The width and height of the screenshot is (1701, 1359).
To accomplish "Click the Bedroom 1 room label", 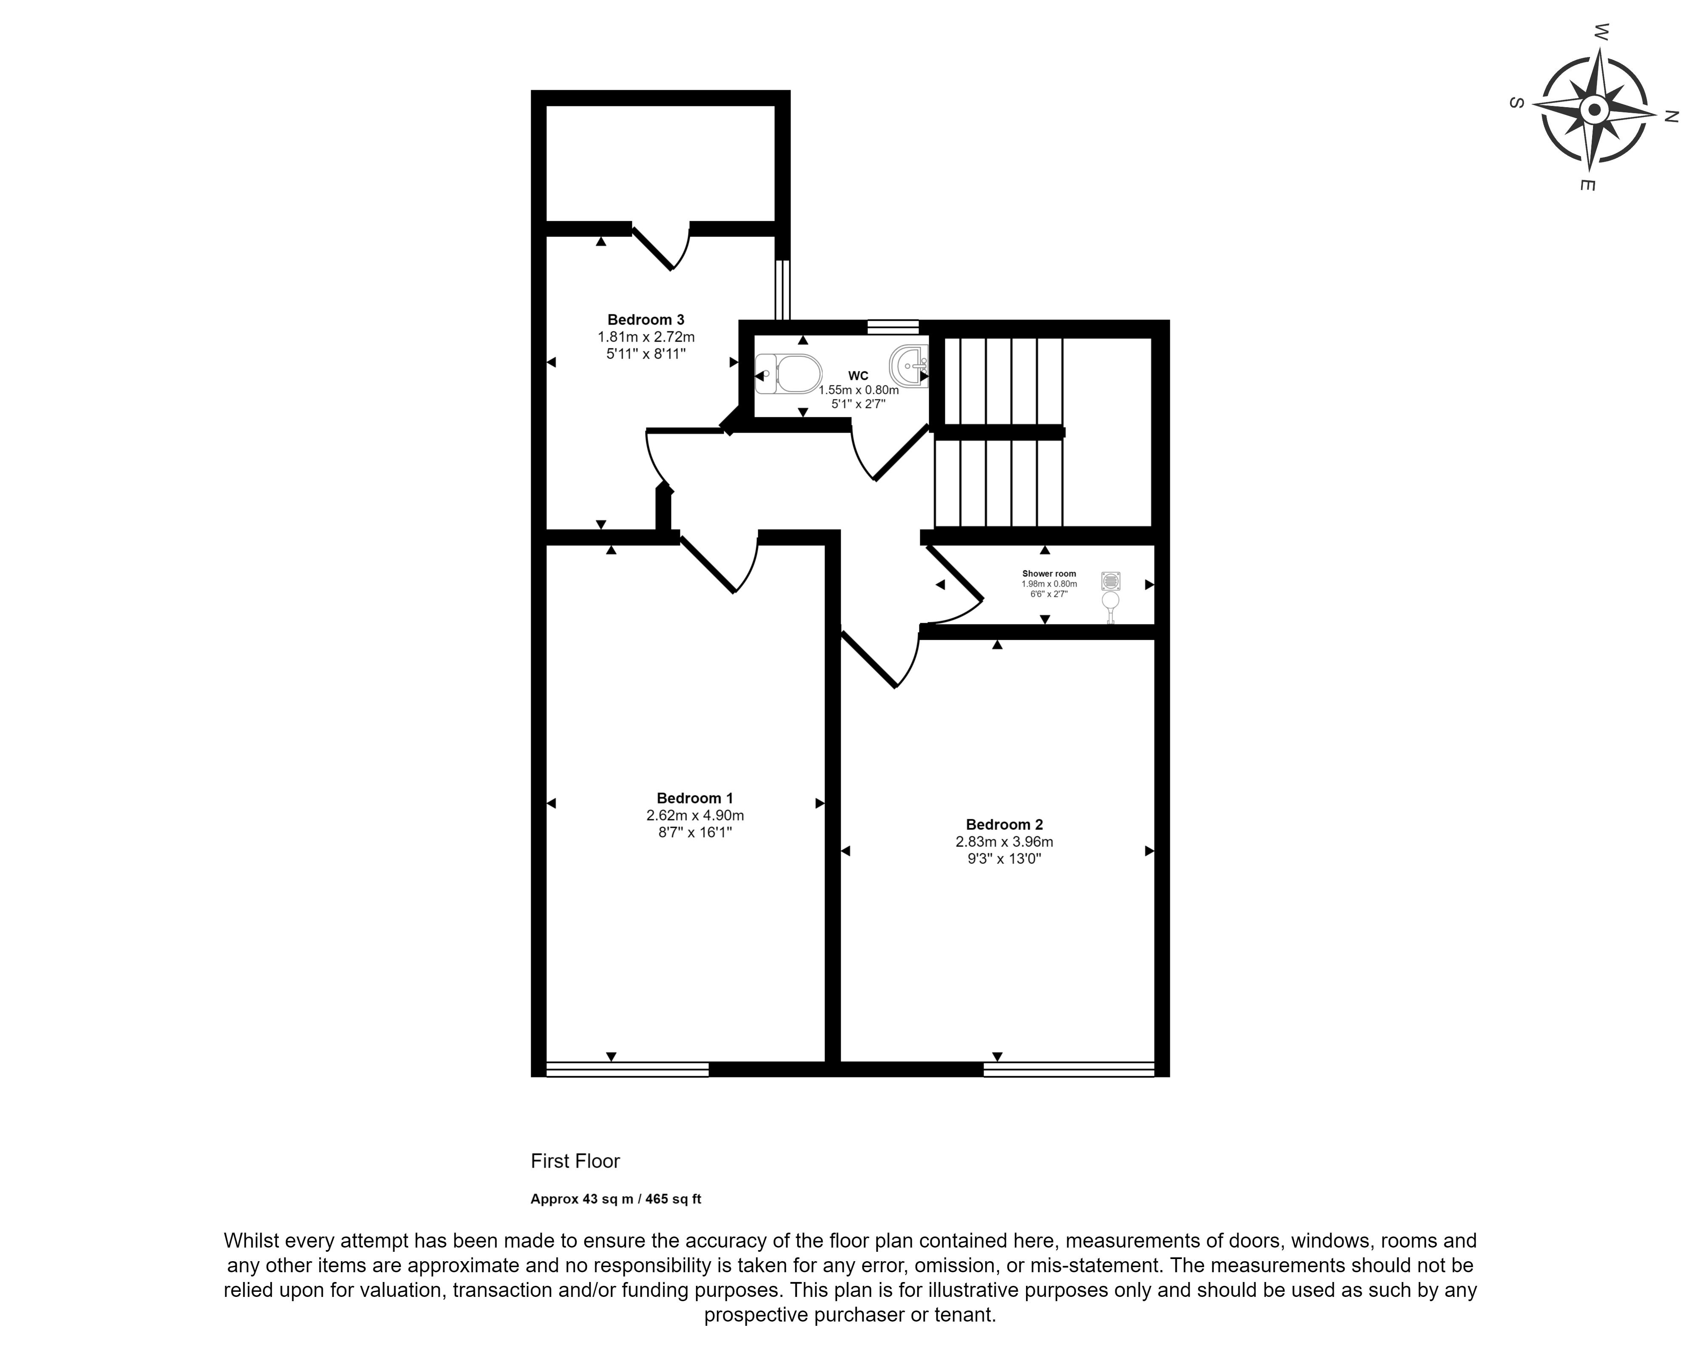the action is [x=694, y=798].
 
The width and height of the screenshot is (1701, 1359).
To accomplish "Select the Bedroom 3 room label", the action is [x=646, y=319].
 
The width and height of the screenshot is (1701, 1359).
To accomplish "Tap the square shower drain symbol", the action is [x=1111, y=581].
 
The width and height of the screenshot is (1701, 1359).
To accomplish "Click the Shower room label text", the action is [x=1049, y=574].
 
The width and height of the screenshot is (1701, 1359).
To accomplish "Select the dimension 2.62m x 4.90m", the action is [x=694, y=815].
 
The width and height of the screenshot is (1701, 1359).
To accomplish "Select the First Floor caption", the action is [x=575, y=1161].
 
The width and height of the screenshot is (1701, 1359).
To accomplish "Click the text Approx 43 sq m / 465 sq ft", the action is [x=615, y=1199].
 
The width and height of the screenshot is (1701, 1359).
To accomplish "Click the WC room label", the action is [x=859, y=376].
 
